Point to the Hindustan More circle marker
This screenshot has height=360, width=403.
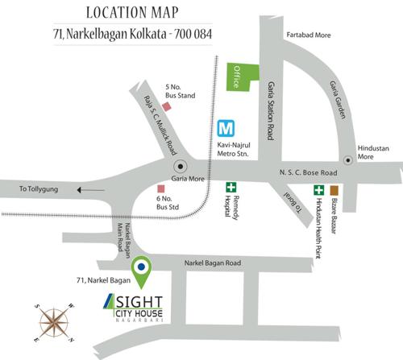coord(347,161)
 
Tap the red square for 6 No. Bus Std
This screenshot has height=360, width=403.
coord(161,190)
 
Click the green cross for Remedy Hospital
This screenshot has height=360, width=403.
coord(231,188)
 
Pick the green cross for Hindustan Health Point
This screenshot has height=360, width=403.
coord(319,191)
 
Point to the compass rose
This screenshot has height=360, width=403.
coord(53,320)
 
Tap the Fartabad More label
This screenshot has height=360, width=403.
coord(312,37)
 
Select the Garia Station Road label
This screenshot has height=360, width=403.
coord(271,119)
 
